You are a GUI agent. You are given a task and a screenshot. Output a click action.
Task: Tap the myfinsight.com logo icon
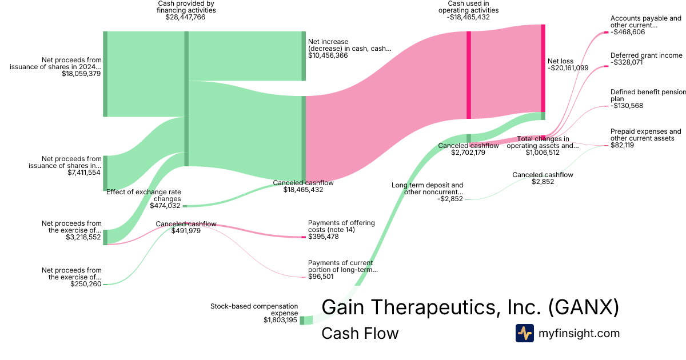524,333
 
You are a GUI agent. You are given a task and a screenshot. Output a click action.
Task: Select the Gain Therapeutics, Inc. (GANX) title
470,307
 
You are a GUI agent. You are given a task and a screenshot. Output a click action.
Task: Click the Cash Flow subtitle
360,333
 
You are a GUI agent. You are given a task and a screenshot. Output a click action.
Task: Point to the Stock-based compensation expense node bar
302,320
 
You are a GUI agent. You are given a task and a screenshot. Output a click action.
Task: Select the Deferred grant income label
646,55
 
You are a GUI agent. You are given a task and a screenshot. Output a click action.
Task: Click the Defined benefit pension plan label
646,95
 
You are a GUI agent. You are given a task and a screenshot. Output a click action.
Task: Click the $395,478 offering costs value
323,237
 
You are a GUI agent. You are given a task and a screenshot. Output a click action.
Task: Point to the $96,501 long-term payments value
321,277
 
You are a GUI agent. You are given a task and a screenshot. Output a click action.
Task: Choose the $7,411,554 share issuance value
84,172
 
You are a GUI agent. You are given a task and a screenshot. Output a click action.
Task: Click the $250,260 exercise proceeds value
86,284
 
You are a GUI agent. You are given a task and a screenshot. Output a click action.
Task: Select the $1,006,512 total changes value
543,153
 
